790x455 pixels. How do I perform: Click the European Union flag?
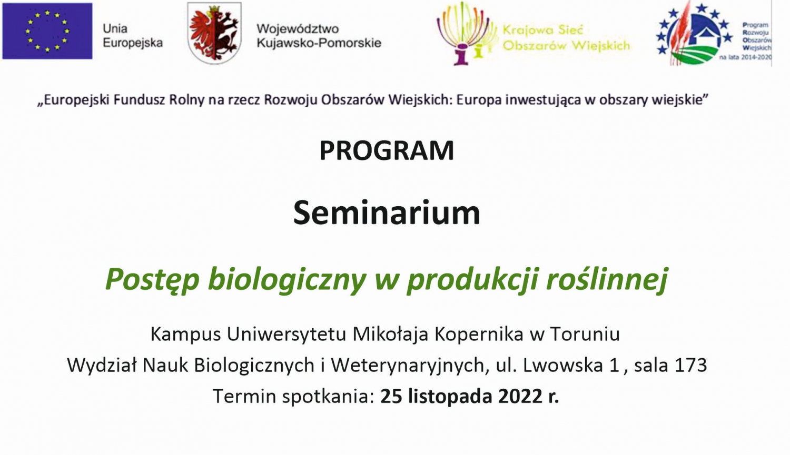(47, 31)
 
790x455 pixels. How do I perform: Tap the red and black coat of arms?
(214, 33)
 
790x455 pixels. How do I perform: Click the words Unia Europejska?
(133, 36)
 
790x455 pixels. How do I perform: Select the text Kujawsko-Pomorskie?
(319, 43)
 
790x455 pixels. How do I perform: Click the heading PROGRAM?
(387, 151)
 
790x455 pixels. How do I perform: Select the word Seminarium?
(387, 213)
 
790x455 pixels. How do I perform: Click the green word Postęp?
(152, 280)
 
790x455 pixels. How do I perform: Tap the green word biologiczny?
(287, 280)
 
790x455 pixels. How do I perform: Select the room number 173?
(691, 365)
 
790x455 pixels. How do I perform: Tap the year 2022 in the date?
(520, 396)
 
